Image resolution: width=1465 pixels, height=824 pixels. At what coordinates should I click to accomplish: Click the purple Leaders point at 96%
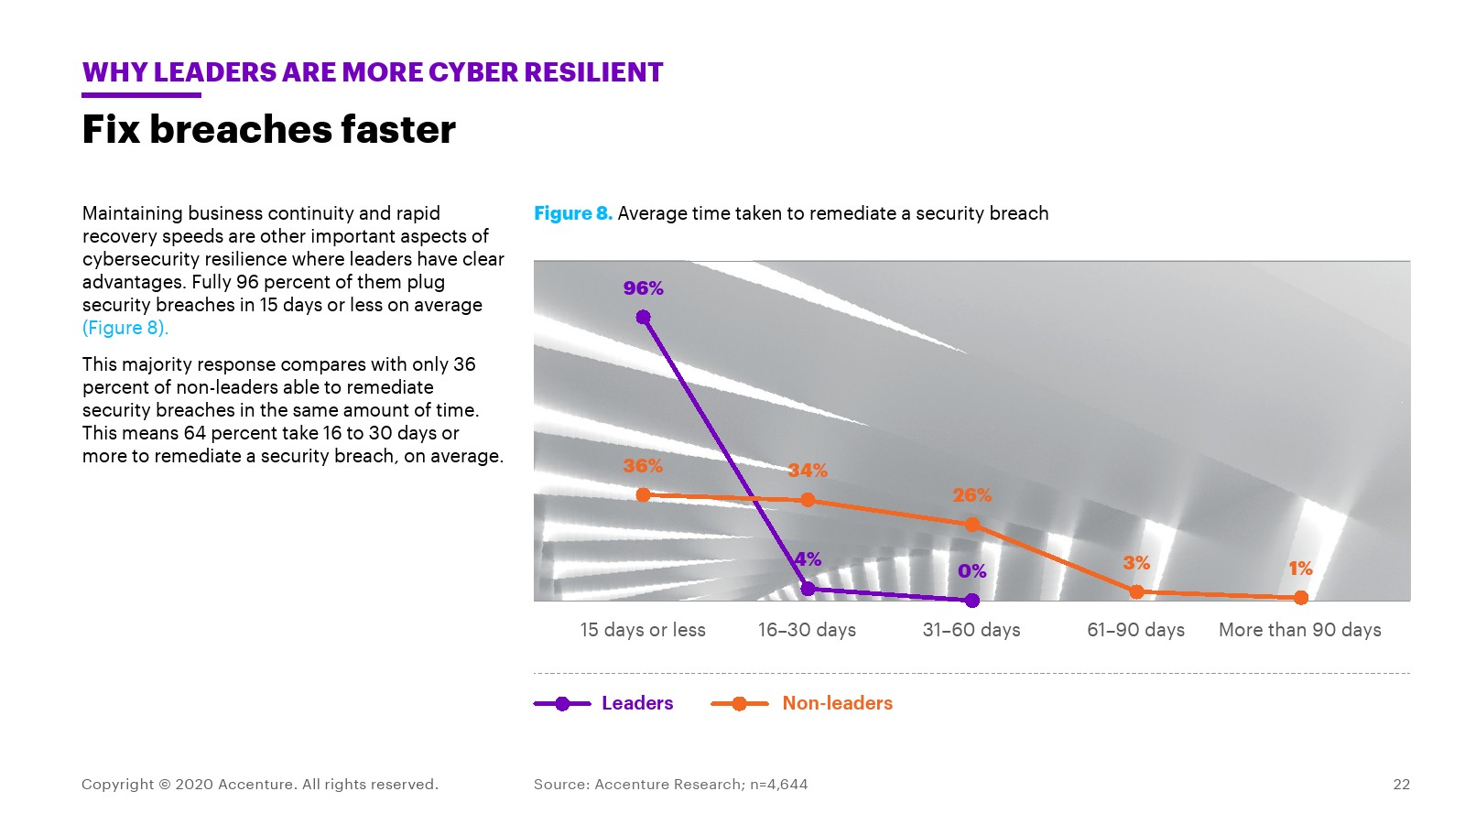point(643,318)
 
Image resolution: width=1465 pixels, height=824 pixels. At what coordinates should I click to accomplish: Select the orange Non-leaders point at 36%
point(643,494)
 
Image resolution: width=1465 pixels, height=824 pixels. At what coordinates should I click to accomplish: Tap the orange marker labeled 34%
point(808,500)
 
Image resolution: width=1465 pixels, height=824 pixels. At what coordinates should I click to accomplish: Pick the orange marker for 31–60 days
point(972,525)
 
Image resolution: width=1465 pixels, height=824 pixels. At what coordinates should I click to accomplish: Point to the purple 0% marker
point(972,601)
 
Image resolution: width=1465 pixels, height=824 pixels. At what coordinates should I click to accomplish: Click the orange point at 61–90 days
point(1136,591)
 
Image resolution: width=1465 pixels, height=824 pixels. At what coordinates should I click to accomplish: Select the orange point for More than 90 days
point(1301,598)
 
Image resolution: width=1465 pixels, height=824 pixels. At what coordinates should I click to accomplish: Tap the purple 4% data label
point(808,559)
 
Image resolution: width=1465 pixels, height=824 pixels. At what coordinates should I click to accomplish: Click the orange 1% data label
point(1300,569)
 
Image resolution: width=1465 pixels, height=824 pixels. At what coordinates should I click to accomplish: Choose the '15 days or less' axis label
point(643,630)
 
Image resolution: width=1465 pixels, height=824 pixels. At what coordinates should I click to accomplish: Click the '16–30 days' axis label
point(807,630)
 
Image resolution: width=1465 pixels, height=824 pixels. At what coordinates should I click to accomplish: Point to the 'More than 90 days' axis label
point(1299,630)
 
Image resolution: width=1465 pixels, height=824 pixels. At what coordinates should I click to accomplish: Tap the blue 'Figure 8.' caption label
point(573,213)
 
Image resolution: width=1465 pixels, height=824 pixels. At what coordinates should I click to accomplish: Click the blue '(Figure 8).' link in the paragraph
point(125,328)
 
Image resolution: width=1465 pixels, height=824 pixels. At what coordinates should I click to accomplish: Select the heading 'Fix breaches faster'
point(268,130)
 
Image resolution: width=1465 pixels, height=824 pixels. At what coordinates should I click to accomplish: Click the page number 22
point(1401,785)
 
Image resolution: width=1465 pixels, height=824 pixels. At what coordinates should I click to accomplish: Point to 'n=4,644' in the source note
point(778,785)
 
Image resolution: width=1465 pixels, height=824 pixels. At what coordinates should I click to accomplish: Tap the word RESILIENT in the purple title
point(588,72)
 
